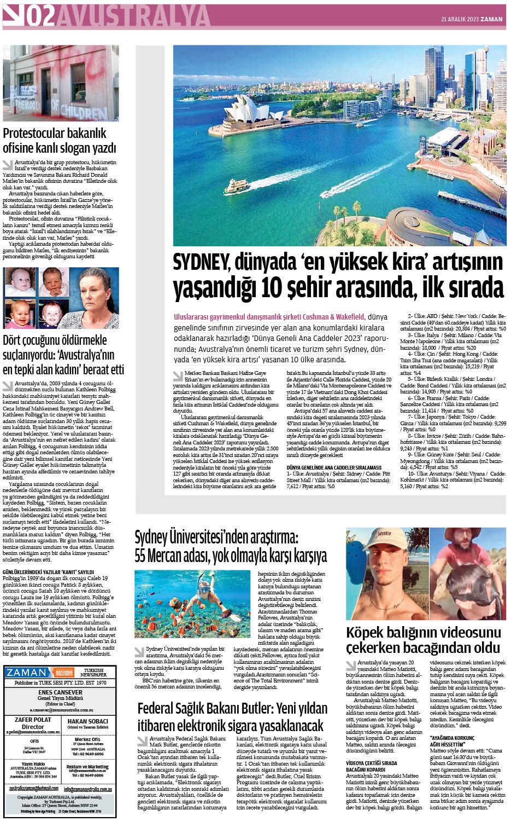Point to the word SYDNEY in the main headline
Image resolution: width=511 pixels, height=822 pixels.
201,263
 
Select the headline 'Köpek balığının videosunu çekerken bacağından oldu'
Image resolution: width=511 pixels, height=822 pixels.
423,640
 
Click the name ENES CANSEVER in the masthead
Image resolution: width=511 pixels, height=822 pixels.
60,692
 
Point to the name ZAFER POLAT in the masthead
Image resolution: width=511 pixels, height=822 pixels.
33,720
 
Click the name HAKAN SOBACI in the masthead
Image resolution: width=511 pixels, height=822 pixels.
87,721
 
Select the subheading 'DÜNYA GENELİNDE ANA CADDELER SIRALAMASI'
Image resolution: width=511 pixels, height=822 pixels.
334,467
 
